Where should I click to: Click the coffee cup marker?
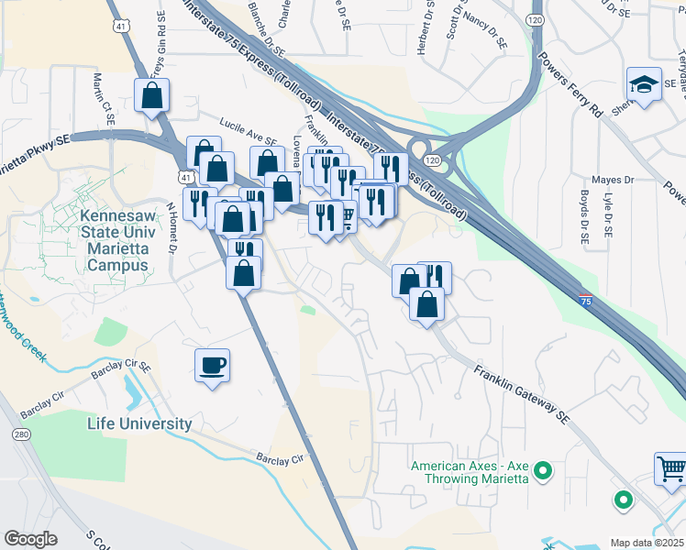click(x=212, y=366)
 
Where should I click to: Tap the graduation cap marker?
click(x=643, y=85)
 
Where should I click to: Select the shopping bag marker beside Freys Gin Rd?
click(x=151, y=95)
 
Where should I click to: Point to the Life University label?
click(x=139, y=423)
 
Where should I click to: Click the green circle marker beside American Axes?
click(x=543, y=471)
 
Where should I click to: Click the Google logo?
click(x=30, y=539)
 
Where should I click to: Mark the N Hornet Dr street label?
click(x=171, y=228)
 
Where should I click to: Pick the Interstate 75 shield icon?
click(x=585, y=299)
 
